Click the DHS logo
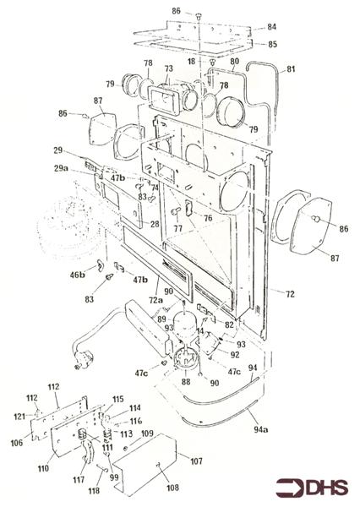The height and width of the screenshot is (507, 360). pos(312,488)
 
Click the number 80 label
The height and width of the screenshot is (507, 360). pos(234,62)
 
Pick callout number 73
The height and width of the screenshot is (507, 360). pos(168,68)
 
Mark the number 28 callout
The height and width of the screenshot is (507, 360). pos(154,224)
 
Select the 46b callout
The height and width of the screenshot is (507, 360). pos(77,275)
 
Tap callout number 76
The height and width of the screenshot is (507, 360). pos(206,219)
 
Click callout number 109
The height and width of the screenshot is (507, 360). pos(147,433)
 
